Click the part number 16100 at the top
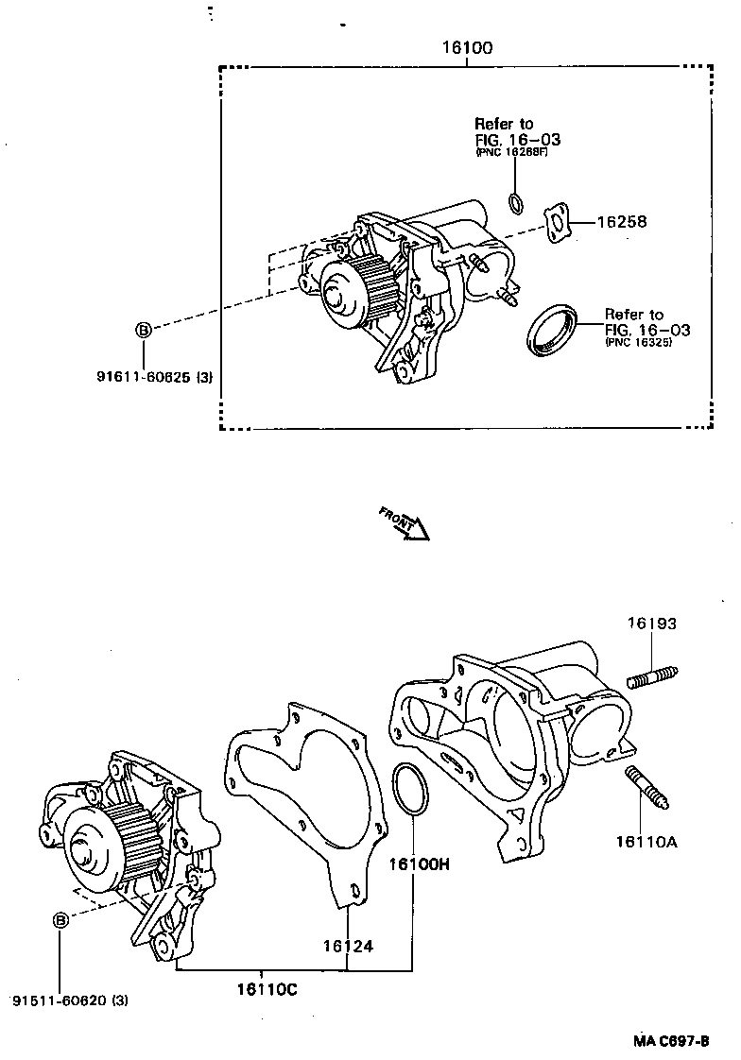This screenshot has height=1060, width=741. [467, 48]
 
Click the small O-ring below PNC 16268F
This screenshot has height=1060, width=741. [515, 201]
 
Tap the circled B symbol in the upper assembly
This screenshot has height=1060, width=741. [143, 330]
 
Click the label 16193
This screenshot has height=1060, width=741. [652, 624]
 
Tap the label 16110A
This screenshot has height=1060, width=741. [647, 839]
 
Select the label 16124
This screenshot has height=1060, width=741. [347, 946]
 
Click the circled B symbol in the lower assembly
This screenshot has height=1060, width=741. [60, 920]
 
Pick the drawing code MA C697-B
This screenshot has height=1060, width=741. [671, 1040]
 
